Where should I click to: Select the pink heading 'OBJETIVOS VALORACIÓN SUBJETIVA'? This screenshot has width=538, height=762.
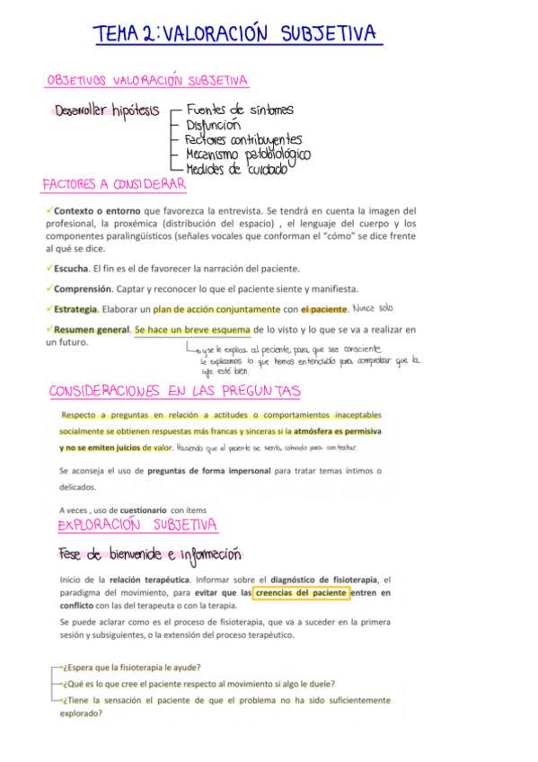(147, 81)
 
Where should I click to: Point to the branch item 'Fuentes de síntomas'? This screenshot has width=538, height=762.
(239, 110)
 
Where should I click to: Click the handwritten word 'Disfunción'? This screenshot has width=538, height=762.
(213, 125)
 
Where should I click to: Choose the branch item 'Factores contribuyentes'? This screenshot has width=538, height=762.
(243, 139)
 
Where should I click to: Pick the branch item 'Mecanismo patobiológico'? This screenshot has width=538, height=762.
(247, 154)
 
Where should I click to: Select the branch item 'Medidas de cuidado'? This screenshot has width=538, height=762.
(235, 168)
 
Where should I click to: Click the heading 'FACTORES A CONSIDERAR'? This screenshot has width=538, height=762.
(114, 184)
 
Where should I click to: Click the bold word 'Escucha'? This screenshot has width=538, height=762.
(71, 268)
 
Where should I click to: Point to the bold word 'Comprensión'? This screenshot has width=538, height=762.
(83, 288)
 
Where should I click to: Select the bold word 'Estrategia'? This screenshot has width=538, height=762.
(75, 309)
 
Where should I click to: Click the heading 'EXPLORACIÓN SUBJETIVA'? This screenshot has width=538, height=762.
(137, 524)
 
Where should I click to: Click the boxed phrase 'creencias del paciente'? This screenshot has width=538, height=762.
(301, 593)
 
